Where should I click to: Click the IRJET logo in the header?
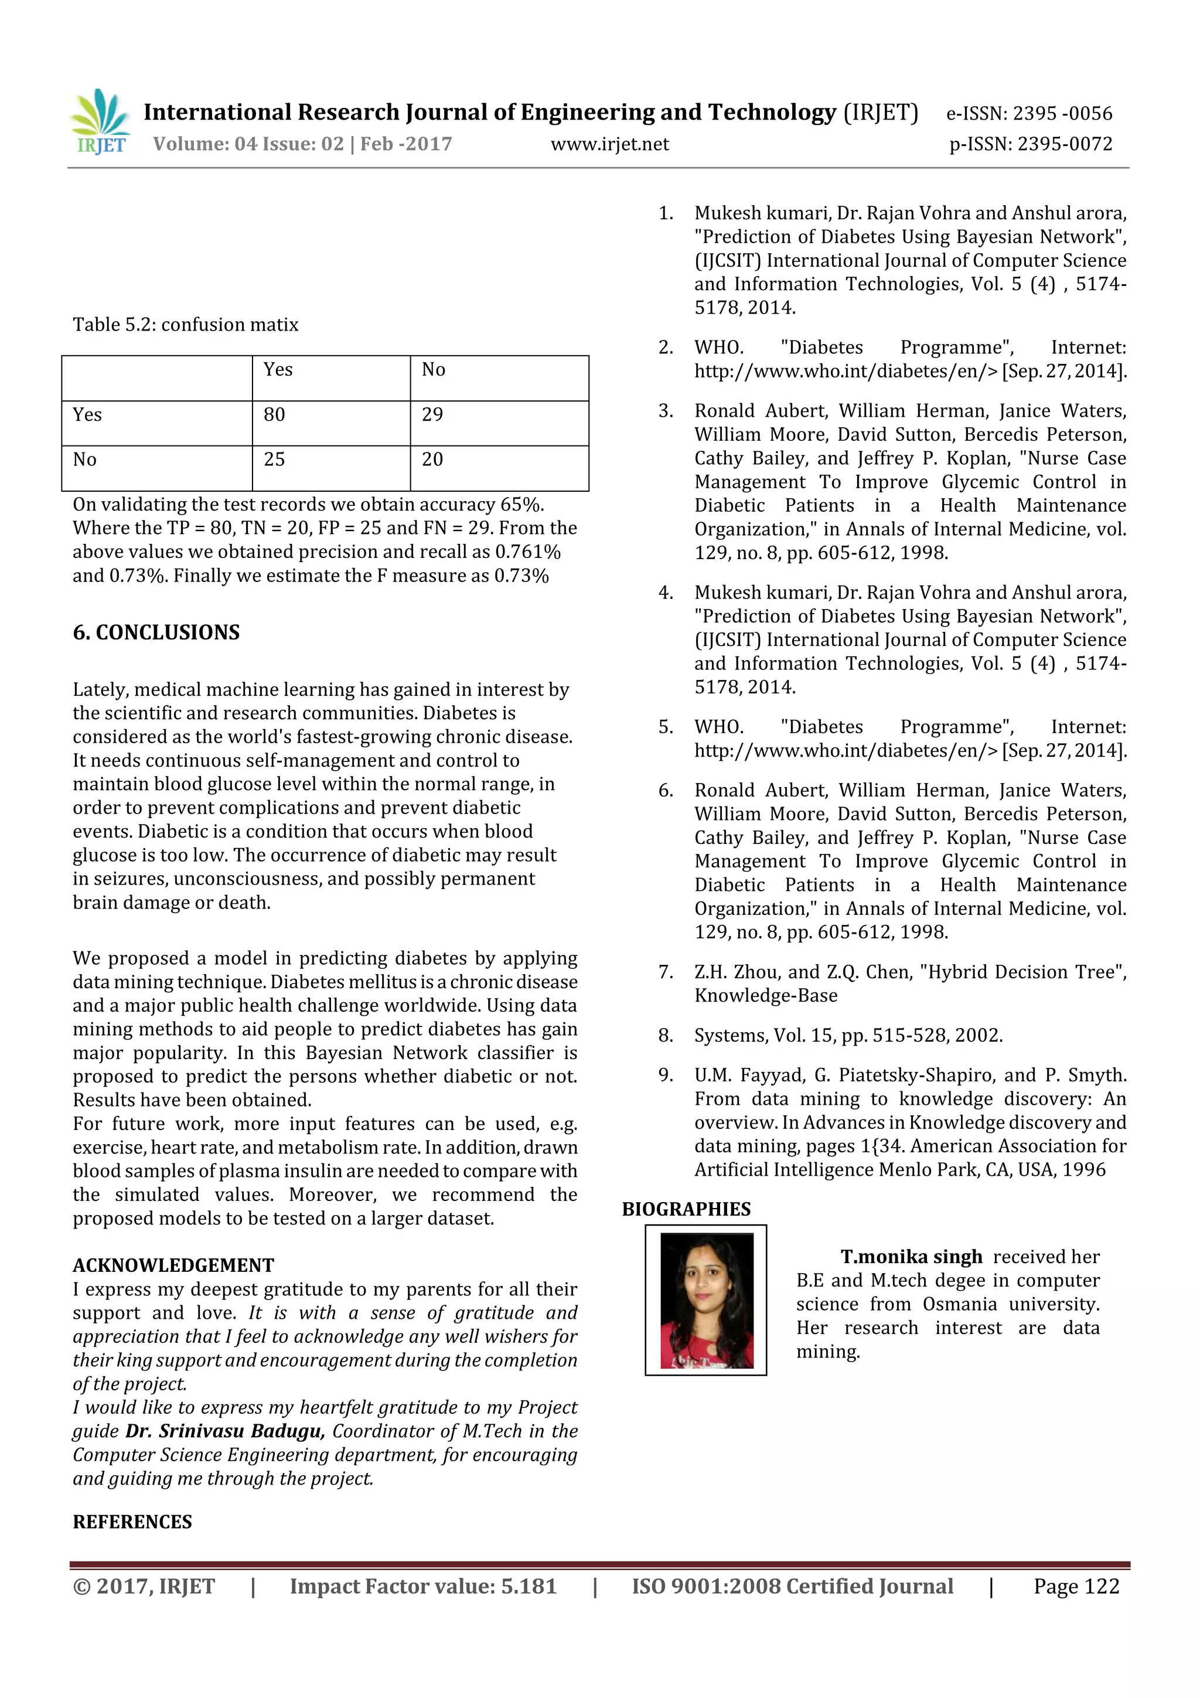(101, 122)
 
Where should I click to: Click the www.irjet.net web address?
(609, 144)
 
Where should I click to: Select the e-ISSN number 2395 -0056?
(1062, 113)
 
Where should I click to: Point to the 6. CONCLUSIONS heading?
(156, 632)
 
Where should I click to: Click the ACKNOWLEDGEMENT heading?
(173, 1265)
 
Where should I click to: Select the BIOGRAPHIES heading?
(686, 1209)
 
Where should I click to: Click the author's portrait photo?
(705, 1299)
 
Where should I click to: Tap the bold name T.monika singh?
(911, 1257)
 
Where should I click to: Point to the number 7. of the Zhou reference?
(666, 972)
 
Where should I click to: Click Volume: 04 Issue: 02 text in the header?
(302, 144)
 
